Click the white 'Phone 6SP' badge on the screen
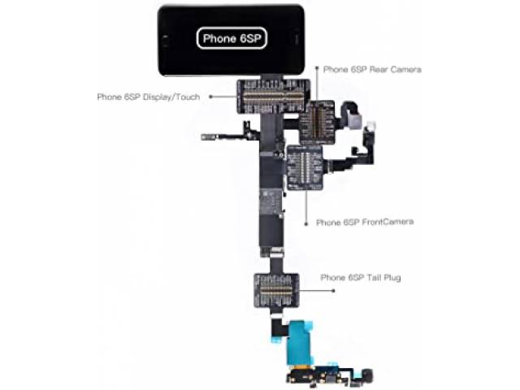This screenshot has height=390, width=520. click(x=231, y=37)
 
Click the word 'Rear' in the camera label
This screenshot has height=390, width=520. click(x=380, y=70)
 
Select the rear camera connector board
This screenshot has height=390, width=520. click(x=318, y=121)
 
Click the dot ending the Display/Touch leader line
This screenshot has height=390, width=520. click(x=211, y=97)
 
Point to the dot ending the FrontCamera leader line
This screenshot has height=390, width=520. click(x=305, y=221)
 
